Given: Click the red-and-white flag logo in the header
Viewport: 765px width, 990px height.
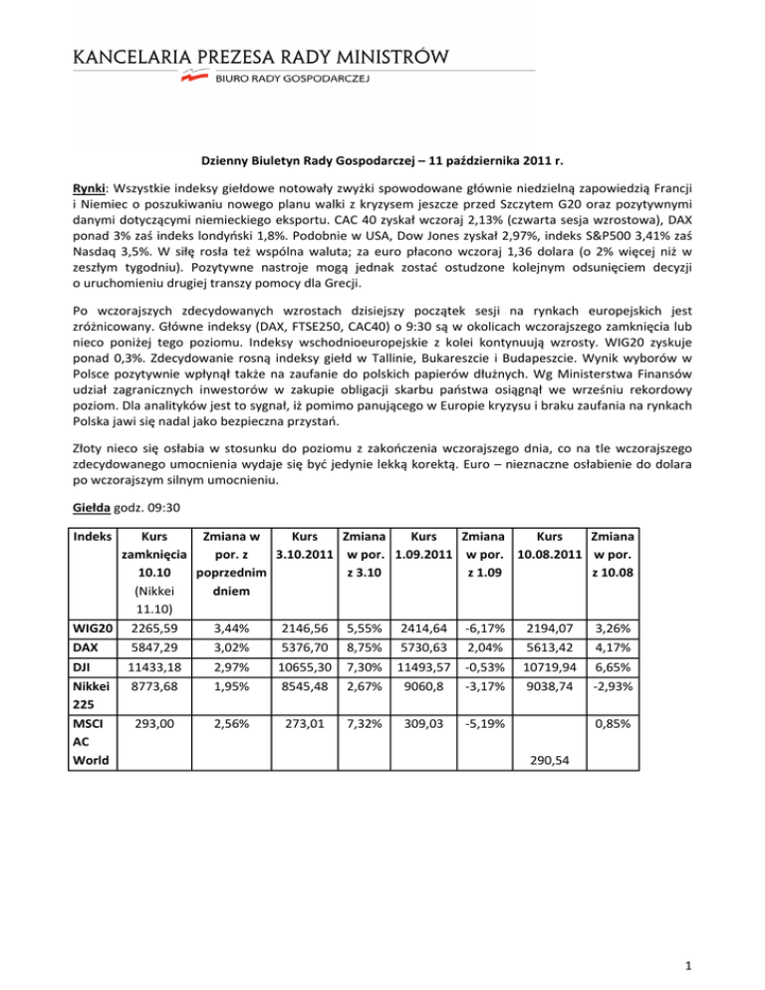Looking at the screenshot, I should click(192, 77).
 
